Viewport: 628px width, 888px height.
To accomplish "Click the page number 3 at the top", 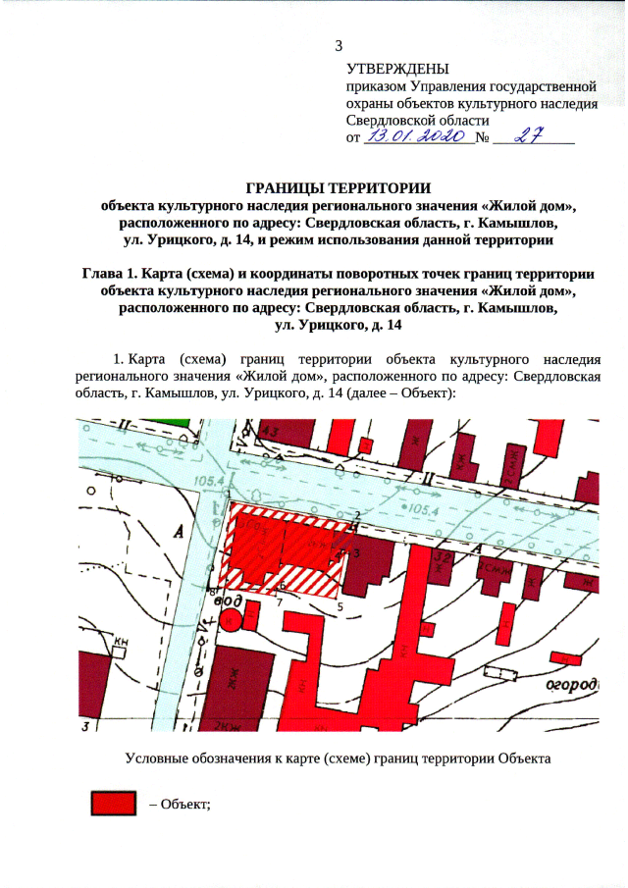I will [x=340, y=45].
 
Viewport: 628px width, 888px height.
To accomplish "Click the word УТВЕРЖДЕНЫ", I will [x=397, y=69].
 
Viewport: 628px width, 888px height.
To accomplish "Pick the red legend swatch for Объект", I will [x=112, y=804].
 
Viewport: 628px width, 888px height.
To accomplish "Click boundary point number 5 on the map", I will [x=340, y=607].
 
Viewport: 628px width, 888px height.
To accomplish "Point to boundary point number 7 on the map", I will [x=279, y=600].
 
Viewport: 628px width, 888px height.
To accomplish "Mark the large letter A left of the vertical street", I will [x=179, y=531].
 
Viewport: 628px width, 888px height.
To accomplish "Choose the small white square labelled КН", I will [x=123, y=649].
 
